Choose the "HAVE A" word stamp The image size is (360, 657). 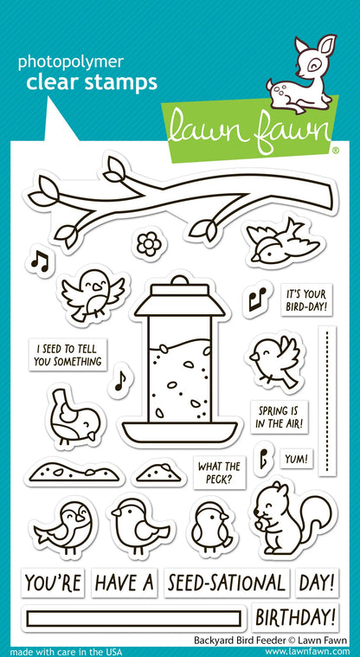[124, 582]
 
